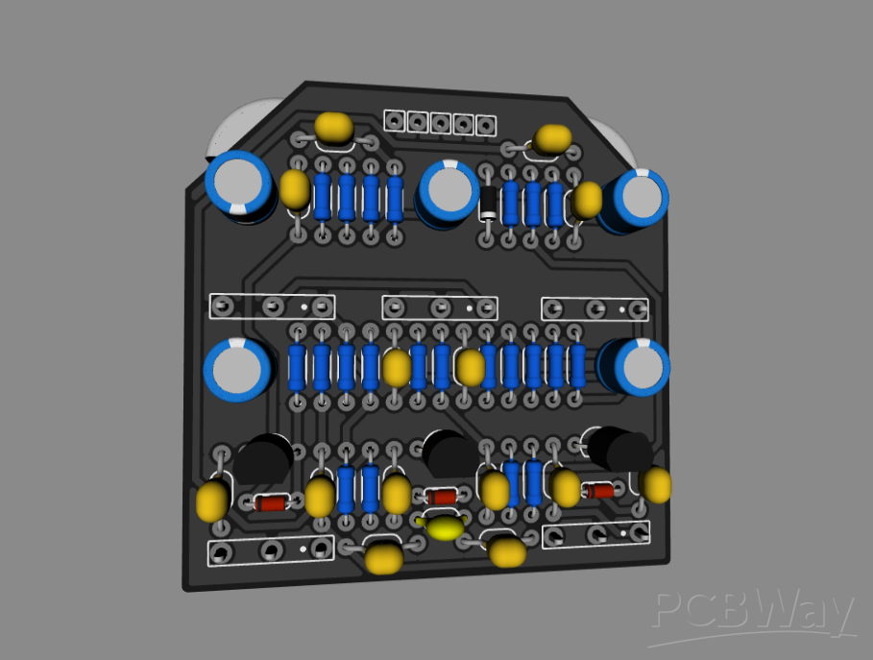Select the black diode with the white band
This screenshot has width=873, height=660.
(x=489, y=203)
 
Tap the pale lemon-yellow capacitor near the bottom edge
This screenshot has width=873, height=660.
(x=444, y=526)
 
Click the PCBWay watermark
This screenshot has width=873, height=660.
(x=754, y=613)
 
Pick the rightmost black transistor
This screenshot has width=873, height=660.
(x=620, y=449)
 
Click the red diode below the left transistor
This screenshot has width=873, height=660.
(x=272, y=502)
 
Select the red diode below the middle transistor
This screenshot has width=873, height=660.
(x=442, y=497)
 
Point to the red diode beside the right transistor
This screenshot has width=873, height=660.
(x=600, y=491)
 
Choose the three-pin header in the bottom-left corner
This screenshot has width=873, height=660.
(x=270, y=550)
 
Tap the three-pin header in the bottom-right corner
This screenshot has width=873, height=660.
(x=595, y=534)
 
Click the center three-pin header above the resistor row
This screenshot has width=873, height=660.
(x=441, y=307)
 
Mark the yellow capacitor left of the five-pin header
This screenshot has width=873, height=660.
(x=333, y=127)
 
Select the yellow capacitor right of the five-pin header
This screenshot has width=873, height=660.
(x=553, y=138)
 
